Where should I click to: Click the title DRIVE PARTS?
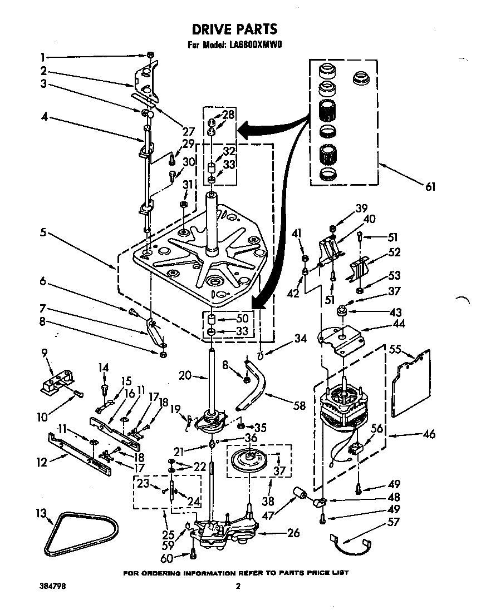click(x=234, y=28)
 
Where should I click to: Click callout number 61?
click(x=430, y=187)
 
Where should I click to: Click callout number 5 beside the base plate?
click(x=43, y=232)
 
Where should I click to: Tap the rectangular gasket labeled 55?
click(x=411, y=383)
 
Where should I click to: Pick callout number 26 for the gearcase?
click(x=293, y=533)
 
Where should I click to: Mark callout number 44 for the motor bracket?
click(x=399, y=324)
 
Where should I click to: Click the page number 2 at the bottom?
click(x=238, y=586)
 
